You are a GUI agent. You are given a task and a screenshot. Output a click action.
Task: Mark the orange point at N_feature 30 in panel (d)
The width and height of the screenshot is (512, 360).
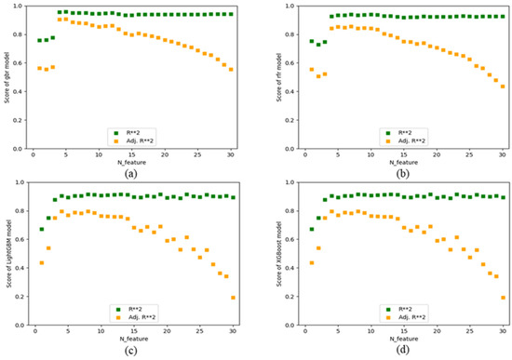[x=503, y=298]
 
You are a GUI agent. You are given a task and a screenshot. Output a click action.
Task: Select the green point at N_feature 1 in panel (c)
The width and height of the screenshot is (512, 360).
[x=41, y=229]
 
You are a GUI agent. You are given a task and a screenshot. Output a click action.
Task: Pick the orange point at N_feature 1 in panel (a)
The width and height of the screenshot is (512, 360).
[x=40, y=68]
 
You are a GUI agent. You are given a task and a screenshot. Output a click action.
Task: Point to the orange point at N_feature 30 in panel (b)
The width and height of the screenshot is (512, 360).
[x=503, y=87]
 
